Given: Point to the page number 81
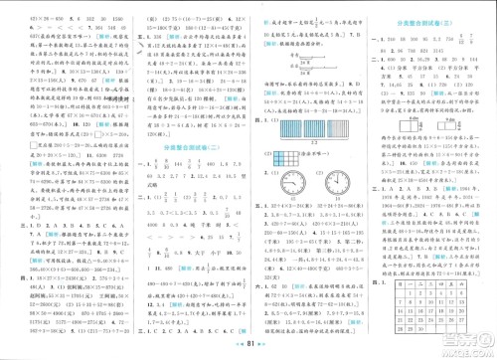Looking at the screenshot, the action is click(248, 349).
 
